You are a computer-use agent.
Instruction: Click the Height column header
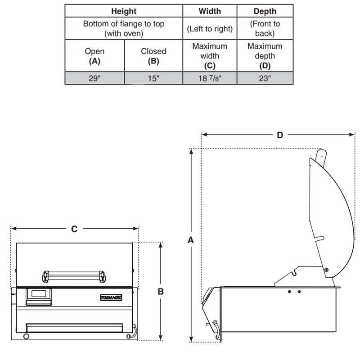(124, 10)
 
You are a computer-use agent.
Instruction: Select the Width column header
(210, 10)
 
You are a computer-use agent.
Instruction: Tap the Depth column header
(265, 10)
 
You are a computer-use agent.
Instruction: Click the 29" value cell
(94, 78)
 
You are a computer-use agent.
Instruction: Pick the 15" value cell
(153, 78)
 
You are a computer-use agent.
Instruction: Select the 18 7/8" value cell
(210, 78)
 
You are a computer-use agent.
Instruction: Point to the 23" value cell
(265, 78)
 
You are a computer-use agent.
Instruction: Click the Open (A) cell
(94, 56)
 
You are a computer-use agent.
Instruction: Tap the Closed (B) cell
(153, 56)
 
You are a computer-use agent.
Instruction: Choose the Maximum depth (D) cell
(265, 56)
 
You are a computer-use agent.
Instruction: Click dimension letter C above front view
(74, 229)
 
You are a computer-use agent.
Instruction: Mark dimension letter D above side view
(280, 135)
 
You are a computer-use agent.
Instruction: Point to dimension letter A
(191, 241)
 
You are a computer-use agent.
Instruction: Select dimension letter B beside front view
(161, 291)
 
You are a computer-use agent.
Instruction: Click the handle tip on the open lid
(320, 154)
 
